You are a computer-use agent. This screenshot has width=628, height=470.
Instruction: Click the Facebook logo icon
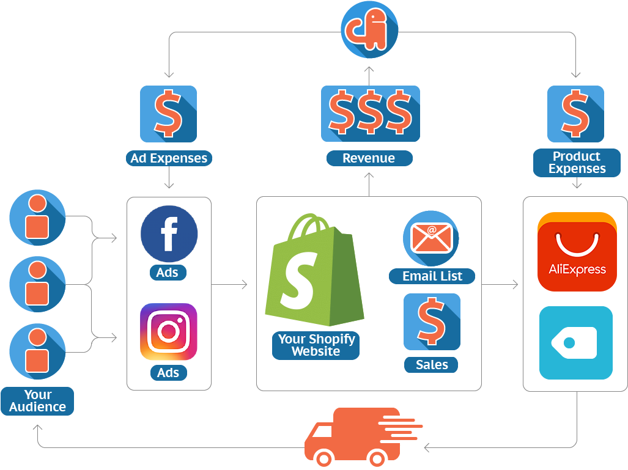169,235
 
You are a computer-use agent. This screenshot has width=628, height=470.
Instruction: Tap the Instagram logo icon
169,331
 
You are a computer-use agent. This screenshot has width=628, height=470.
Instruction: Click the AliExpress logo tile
577,252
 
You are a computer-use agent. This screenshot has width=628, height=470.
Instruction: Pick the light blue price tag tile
575,343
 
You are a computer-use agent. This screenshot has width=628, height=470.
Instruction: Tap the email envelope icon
430,238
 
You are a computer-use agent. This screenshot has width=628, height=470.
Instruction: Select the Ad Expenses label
169,158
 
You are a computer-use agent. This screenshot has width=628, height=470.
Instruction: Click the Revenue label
369,158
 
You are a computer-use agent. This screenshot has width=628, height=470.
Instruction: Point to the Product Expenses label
577,163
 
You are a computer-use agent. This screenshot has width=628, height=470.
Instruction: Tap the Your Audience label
37,401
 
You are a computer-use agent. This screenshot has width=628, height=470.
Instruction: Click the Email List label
432,276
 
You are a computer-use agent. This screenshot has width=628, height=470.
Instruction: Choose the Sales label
432,365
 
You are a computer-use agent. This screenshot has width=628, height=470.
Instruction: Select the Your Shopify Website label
316,345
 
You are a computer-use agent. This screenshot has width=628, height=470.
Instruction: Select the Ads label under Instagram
168,372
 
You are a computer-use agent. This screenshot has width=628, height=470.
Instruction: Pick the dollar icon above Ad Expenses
168,114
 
